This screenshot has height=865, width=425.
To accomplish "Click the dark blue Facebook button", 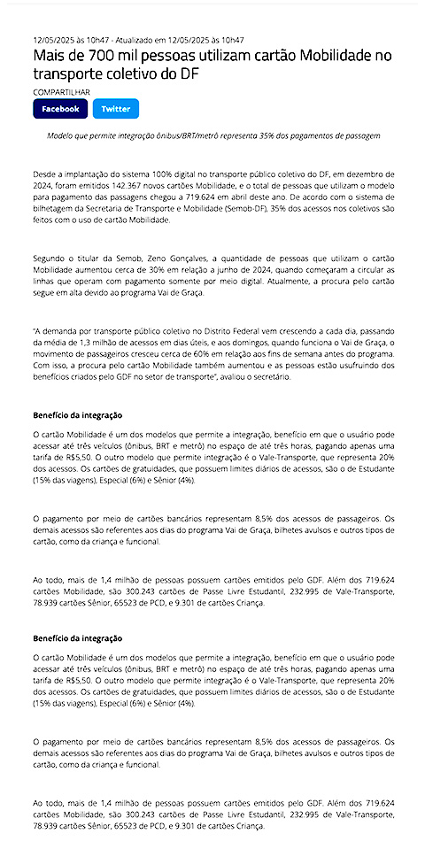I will [60, 109].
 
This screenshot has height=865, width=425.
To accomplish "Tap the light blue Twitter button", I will [115, 109].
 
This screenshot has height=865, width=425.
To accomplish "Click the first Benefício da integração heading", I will [77, 414].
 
